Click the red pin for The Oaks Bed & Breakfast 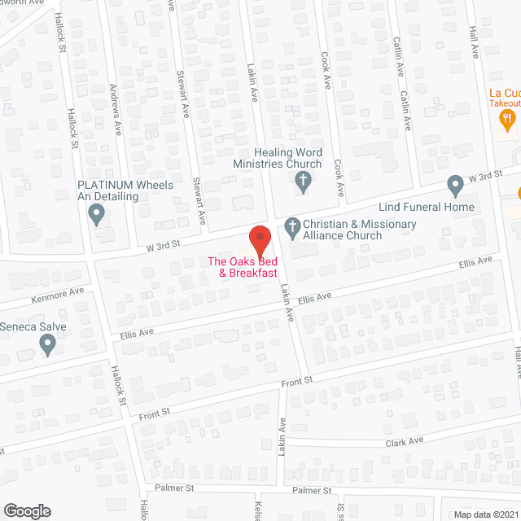pos(259,239)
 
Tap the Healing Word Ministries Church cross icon pos(303,182)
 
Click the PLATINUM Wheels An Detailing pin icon pos(97,214)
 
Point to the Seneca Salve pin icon pos(47,344)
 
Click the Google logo pos(27,511)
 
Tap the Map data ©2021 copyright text pos(484,514)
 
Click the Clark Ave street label pos(405,442)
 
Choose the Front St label pos(297,382)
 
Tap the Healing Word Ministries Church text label pos(277,158)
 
